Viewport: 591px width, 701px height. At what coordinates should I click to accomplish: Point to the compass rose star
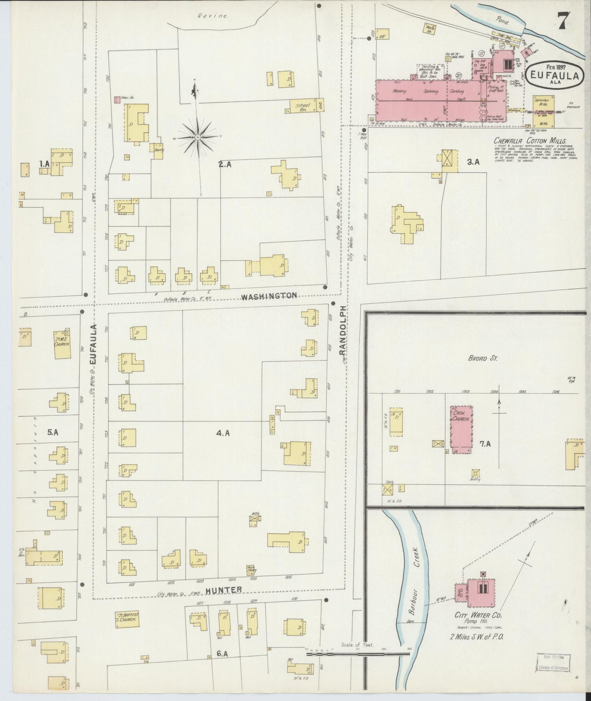(x=198, y=136)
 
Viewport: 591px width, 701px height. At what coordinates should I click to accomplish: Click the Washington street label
(x=269, y=296)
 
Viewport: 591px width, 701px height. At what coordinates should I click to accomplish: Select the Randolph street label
(x=343, y=331)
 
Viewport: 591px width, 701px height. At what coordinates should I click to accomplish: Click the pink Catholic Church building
(x=462, y=430)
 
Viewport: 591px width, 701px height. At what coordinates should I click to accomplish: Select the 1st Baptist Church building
(x=128, y=620)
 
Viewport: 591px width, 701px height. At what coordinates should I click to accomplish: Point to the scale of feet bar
(x=358, y=654)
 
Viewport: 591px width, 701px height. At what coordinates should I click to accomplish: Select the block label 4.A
(x=223, y=433)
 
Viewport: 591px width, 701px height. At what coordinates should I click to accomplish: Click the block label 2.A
(x=225, y=164)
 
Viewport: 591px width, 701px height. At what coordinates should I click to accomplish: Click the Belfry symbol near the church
(x=475, y=474)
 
